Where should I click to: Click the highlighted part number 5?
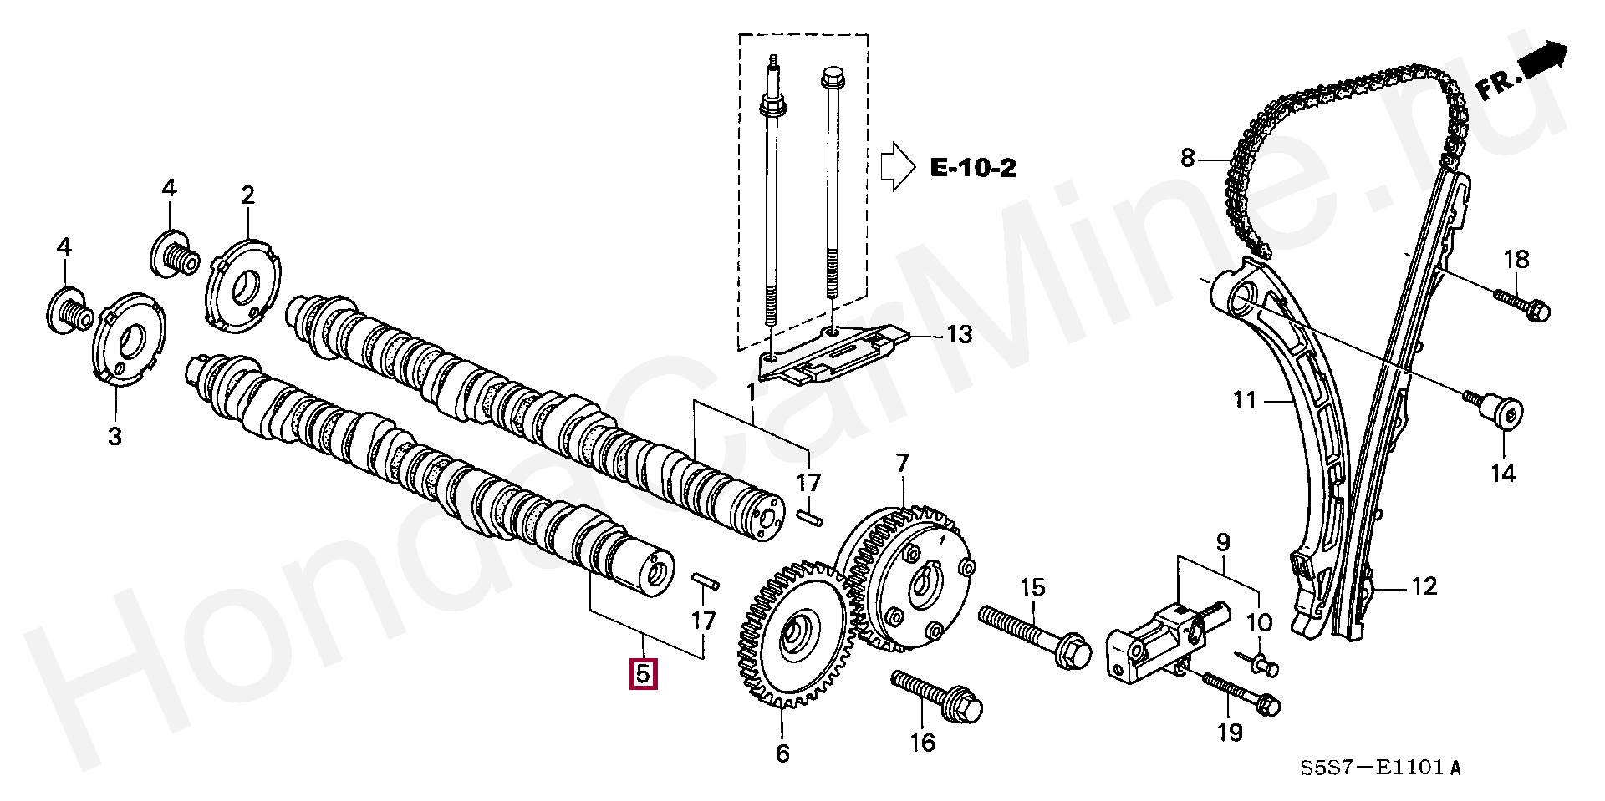click(x=643, y=673)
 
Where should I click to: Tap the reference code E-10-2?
click(x=973, y=168)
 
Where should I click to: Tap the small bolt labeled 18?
click(x=1521, y=303)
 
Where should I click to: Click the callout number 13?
click(x=959, y=335)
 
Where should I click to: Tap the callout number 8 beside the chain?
click(x=1188, y=158)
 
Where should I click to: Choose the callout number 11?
click(x=1246, y=401)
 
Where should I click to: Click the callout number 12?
click(x=1424, y=586)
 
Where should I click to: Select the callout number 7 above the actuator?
click(x=902, y=464)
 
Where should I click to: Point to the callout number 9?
click(x=1223, y=543)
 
